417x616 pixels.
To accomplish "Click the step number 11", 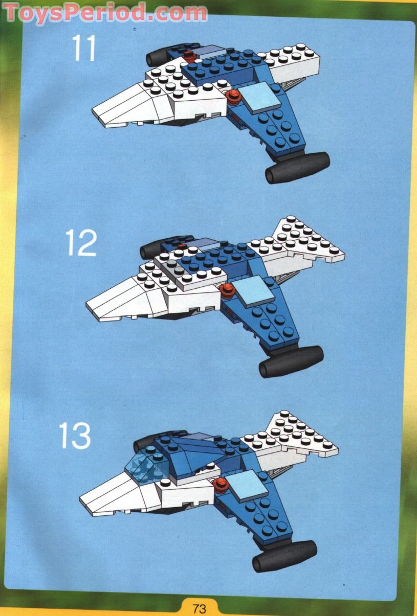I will point(84,48).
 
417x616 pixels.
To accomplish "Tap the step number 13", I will point(75,436).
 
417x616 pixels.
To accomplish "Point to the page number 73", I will point(200,608).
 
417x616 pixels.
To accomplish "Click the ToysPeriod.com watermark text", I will point(105,12).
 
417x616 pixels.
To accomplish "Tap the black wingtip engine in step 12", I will point(291,361).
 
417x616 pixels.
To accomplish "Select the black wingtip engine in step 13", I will point(284,555).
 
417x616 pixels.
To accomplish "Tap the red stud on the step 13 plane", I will point(221,484).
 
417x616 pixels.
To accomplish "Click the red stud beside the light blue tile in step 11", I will point(233,95).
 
